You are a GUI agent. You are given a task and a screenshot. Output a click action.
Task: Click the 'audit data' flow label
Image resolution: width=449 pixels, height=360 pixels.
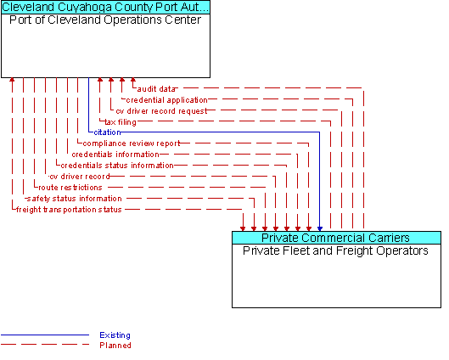point(156,89)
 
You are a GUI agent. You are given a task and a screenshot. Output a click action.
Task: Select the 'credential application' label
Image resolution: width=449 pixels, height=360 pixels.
point(166,100)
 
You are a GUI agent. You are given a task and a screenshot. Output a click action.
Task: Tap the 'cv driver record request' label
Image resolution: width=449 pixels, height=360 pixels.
point(161,111)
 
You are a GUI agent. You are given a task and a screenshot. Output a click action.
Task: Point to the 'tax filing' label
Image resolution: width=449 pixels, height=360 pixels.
point(121,122)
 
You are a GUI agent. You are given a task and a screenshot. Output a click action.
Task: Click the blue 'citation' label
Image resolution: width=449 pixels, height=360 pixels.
point(107,132)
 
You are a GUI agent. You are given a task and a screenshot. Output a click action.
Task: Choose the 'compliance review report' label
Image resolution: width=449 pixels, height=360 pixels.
point(132,143)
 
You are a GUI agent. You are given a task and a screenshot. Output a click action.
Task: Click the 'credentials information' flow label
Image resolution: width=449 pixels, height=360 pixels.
point(115,155)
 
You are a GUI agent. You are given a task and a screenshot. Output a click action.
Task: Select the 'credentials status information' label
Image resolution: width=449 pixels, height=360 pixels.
point(117,166)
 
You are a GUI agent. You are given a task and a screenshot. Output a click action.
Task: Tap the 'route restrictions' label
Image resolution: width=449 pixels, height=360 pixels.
point(70,188)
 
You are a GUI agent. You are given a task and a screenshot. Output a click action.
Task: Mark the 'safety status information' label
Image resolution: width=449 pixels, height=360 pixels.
point(75,199)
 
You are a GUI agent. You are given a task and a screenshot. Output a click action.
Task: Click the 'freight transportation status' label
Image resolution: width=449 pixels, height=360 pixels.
point(69,210)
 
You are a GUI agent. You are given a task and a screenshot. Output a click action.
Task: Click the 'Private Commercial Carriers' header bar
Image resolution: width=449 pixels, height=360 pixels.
point(336,238)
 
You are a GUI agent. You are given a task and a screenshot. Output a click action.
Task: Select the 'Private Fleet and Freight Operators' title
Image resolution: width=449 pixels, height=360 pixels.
point(335,250)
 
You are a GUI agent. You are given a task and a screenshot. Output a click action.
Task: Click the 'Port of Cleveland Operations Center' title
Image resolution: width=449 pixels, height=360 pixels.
point(105,20)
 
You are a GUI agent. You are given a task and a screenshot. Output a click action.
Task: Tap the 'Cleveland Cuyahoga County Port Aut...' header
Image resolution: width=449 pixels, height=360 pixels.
point(105,7)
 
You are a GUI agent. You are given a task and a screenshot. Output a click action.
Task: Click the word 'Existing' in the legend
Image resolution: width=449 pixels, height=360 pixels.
point(115,335)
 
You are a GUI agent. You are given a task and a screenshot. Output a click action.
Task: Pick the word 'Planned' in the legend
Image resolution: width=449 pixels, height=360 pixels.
point(115,346)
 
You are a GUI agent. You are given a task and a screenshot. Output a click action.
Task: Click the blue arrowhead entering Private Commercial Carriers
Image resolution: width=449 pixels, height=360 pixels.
point(320,229)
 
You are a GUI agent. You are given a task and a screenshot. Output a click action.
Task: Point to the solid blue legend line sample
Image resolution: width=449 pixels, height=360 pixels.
point(45,335)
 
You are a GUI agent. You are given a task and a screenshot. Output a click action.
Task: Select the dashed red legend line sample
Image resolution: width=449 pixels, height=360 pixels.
point(45,345)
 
